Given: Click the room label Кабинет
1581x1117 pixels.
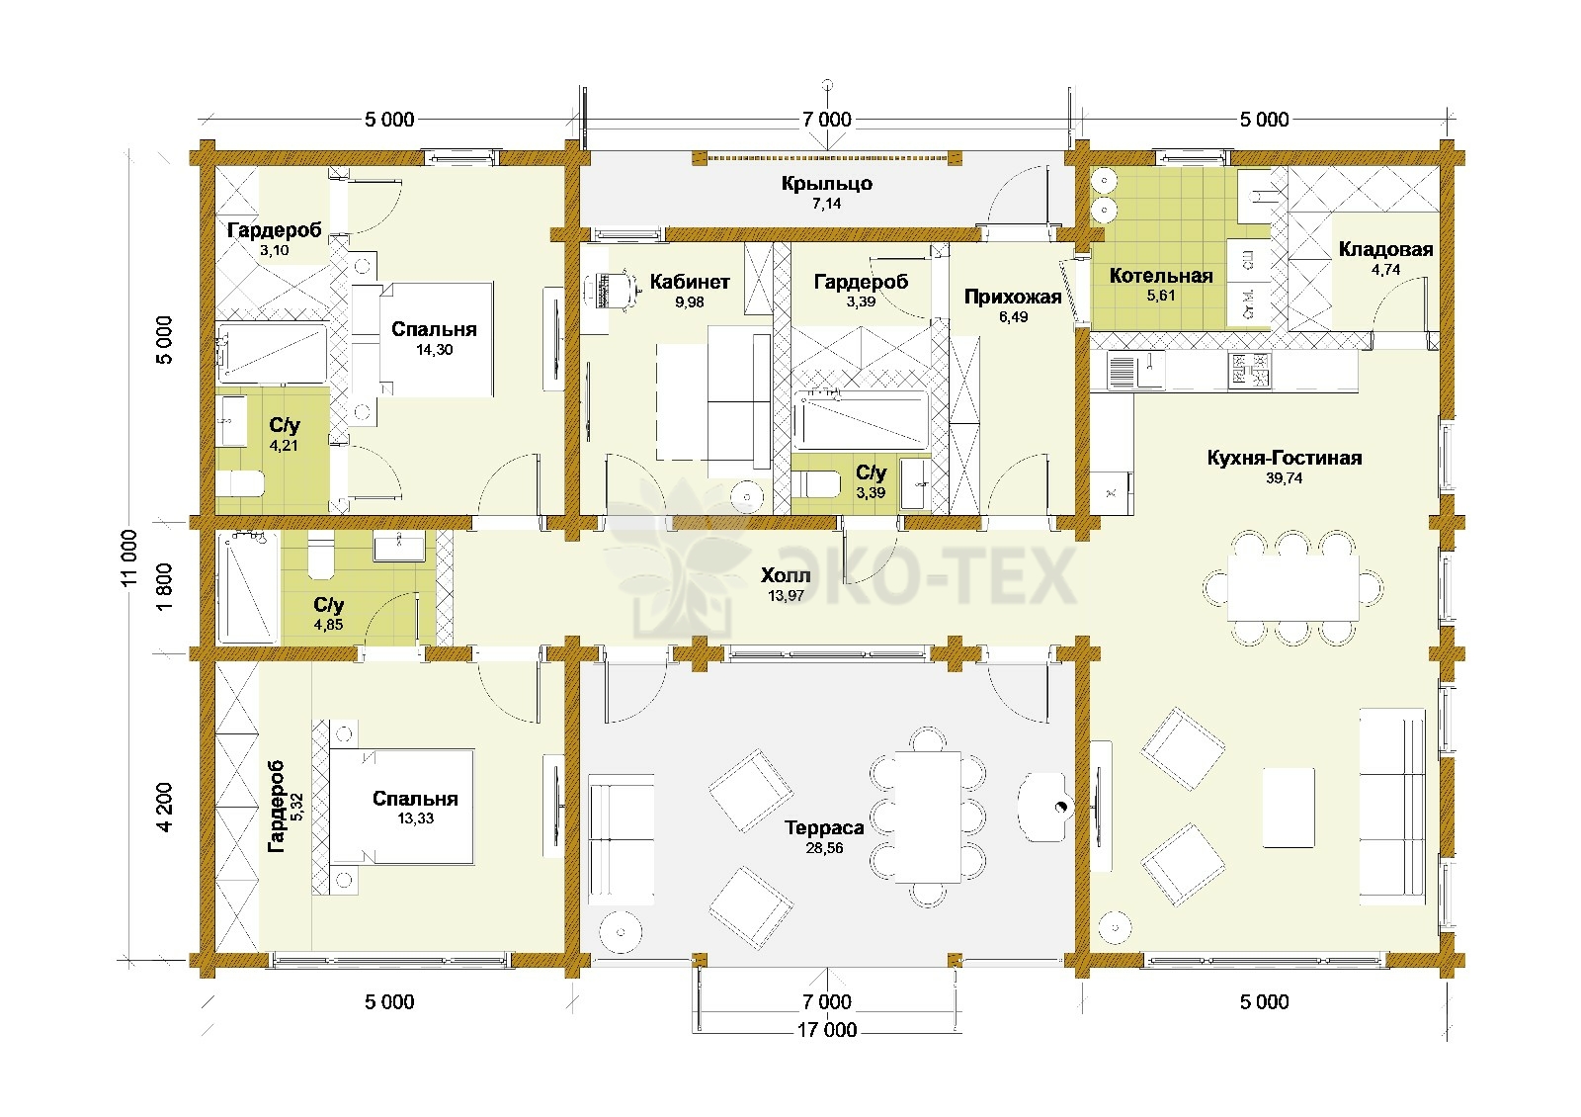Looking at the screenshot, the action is (690, 282).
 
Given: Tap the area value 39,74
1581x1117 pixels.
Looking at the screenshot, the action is (1284, 478).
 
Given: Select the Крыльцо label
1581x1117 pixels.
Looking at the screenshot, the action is (826, 184).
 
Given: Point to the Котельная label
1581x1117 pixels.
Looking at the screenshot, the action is (1161, 276).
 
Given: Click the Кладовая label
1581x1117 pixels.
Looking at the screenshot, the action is (1385, 249).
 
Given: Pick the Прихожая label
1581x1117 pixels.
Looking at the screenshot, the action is (1013, 297).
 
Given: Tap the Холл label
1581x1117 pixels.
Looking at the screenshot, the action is (786, 575).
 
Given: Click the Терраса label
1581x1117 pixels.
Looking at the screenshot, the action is (824, 827).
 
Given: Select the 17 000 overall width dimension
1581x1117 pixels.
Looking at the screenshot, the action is (826, 1030).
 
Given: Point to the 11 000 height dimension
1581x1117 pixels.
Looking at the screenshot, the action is (128, 558).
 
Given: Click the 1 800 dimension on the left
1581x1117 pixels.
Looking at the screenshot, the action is (164, 587).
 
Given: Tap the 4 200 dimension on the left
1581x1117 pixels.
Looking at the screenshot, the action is (164, 808).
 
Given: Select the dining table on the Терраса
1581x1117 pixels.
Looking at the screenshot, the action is (928, 816).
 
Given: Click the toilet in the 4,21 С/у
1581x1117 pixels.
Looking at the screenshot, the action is (239, 484).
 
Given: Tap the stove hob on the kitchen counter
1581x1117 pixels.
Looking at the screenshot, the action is (1249, 371).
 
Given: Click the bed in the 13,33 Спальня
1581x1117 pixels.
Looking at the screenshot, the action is (401, 807).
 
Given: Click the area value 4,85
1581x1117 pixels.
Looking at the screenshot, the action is (328, 625).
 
